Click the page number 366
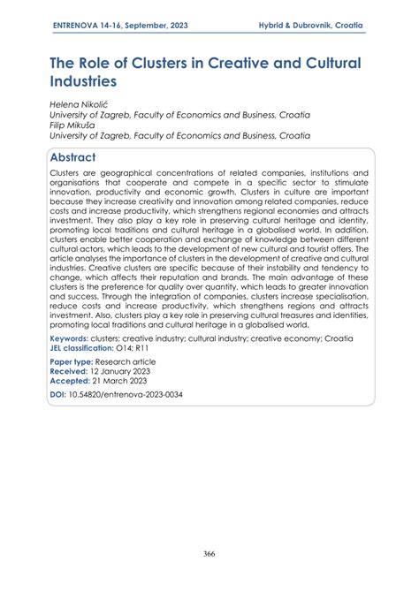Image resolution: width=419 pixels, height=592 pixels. pyautogui.click(x=209, y=553)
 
